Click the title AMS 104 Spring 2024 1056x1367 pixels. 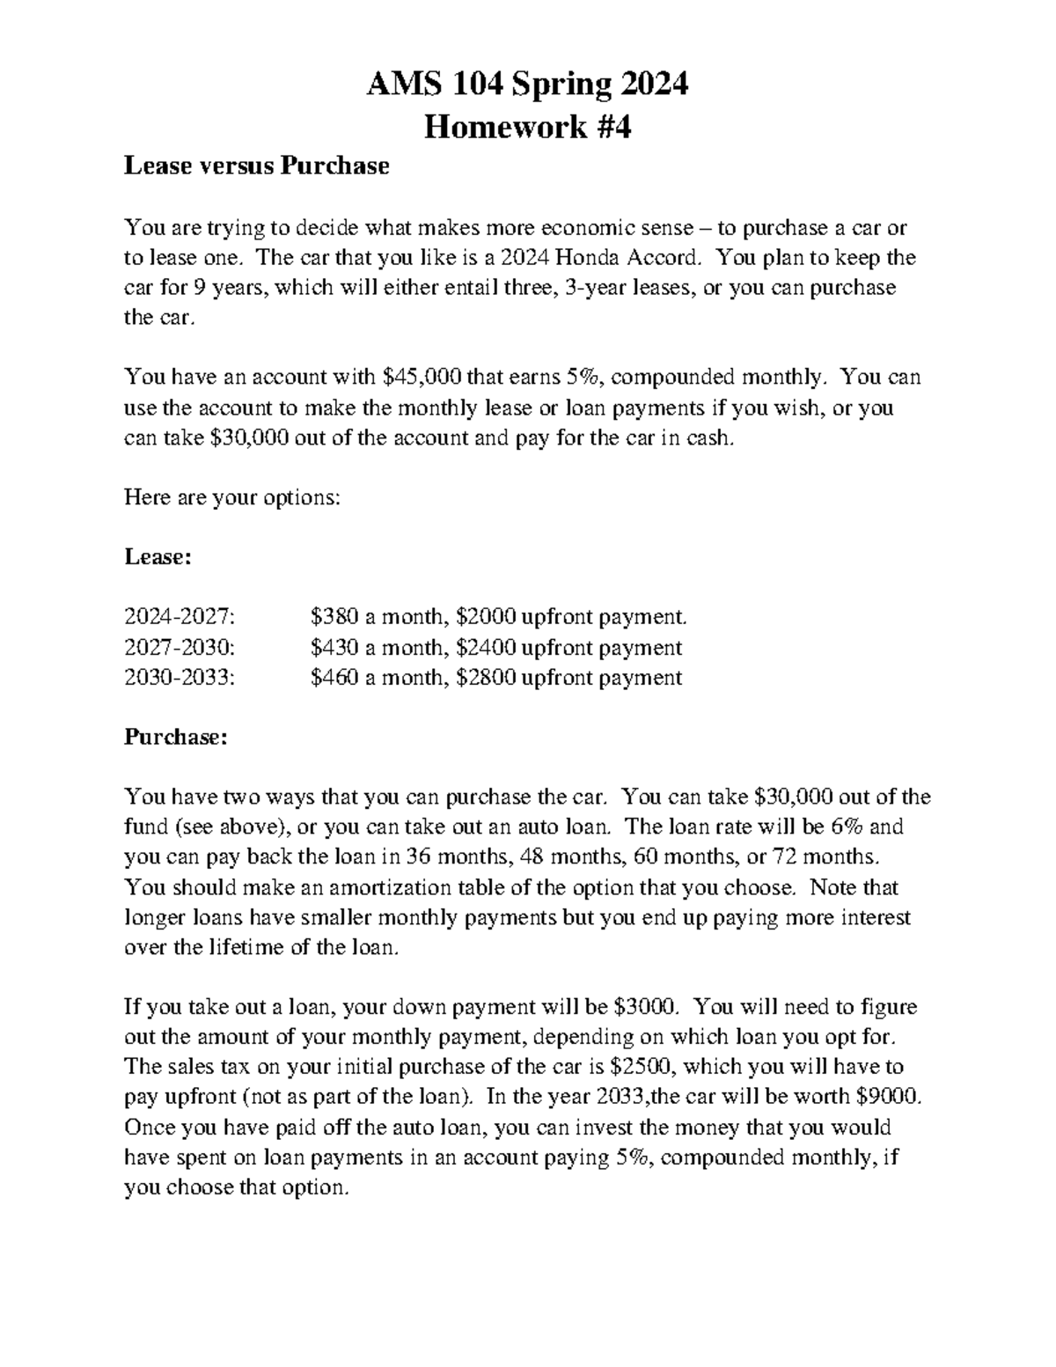(x=527, y=85)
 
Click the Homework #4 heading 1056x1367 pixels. (x=527, y=128)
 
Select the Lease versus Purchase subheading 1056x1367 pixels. (x=256, y=165)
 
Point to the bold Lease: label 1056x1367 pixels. (x=158, y=557)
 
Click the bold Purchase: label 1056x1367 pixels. (x=175, y=737)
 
